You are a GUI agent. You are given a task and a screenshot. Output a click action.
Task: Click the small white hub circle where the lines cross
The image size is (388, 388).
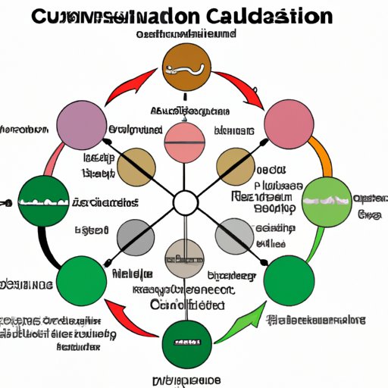coord(185,203)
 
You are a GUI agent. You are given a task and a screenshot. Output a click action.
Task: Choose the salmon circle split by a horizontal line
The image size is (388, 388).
coord(185,142)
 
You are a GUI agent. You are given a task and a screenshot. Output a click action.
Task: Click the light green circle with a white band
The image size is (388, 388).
coord(326,202)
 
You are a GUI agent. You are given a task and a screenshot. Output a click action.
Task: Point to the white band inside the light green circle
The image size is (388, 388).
coord(326,202)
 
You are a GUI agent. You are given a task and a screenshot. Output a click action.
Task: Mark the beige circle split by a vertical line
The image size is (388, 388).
coord(185,260)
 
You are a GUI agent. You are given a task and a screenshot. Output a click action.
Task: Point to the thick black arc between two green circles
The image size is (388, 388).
coord(47,242)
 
